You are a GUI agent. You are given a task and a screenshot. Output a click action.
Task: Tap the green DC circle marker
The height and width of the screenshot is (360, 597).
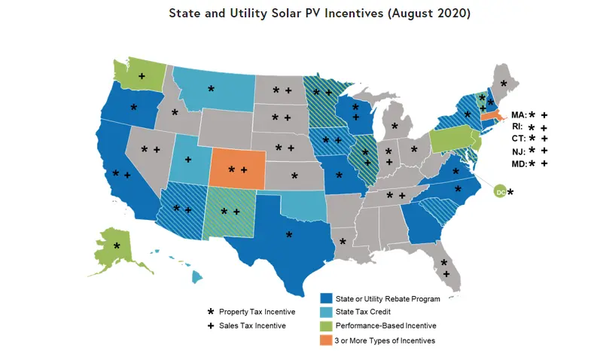pyautogui.click(x=500, y=193)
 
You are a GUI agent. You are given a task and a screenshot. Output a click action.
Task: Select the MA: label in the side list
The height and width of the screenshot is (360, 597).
pyautogui.click(x=519, y=115)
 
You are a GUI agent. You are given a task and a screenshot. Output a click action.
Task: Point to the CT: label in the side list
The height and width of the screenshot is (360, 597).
pyautogui.click(x=519, y=139)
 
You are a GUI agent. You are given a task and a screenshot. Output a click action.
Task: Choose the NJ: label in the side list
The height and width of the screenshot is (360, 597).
pyautogui.click(x=519, y=151)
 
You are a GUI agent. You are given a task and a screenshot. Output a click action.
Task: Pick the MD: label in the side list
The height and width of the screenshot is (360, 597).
pyautogui.click(x=519, y=163)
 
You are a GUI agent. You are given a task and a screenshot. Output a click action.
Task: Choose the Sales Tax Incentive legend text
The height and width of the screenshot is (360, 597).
pyautogui.click(x=248, y=326)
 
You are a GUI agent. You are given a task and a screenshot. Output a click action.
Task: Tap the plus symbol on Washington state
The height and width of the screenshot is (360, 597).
pyautogui.click(x=142, y=76)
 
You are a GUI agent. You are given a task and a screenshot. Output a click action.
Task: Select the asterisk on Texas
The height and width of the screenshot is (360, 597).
pyautogui.click(x=289, y=236)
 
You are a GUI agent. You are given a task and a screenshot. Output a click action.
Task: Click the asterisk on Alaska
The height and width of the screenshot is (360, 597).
pyautogui.click(x=117, y=246)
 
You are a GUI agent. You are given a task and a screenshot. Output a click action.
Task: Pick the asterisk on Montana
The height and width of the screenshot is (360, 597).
pyautogui.click(x=211, y=89)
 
